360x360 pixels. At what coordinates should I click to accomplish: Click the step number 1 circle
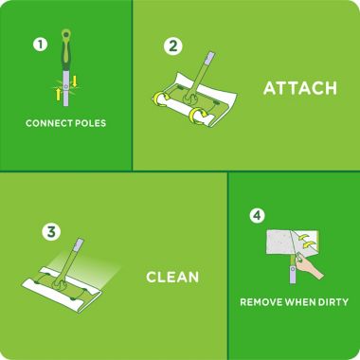(x=39, y=45)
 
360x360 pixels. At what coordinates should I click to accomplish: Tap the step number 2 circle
(x=172, y=45)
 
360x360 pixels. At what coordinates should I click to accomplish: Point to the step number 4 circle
(x=256, y=215)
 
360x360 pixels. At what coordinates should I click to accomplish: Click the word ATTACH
(x=299, y=89)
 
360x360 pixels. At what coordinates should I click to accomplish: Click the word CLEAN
(x=171, y=278)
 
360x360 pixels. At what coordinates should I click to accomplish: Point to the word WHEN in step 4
(x=299, y=303)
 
